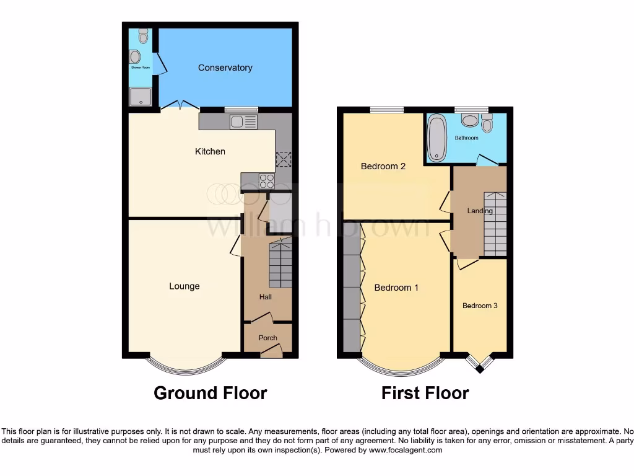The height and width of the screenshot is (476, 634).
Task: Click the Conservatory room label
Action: [225, 68]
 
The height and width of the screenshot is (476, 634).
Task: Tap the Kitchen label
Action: [210, 151]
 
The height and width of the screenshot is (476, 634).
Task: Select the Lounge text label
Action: [185, 286]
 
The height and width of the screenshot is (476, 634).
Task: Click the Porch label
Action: [267, 338]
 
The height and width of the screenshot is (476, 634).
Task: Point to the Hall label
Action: [266, 297]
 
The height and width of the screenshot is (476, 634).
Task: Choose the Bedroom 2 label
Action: [383, 166]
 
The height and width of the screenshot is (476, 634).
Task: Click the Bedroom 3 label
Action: [480, 306]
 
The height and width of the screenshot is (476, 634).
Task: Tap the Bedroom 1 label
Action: [396, 288]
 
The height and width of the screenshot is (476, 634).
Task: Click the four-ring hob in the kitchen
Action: [267, 180]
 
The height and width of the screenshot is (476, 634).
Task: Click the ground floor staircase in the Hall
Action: [280, 265]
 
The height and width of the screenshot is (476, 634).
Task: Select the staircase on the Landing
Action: [495, 224]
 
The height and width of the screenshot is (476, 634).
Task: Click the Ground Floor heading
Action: [210, 393]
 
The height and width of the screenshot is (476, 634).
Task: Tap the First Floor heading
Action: [425, 393]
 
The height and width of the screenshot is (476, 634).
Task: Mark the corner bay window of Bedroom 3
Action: [480, 364]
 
